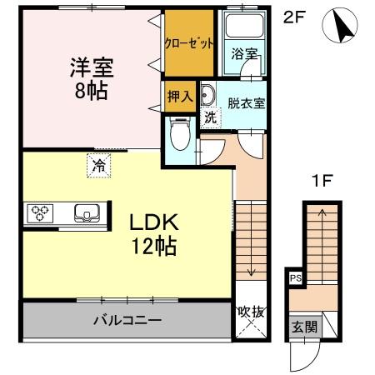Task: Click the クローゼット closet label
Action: [x=189, y=43]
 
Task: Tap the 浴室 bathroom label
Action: [x=244, y=53]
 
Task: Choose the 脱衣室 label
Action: [x=246, y=104]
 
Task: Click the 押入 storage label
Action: [x=180, y=96]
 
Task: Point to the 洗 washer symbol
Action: [x=212, y=117]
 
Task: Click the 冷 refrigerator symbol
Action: [x=98, y=165]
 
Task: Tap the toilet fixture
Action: [x=179, y=132]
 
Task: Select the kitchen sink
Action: [x=86, y=213]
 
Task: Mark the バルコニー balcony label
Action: [x=127, y=320]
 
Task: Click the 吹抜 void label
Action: [x=251, y=312]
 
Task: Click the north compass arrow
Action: [x=341, y=27]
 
